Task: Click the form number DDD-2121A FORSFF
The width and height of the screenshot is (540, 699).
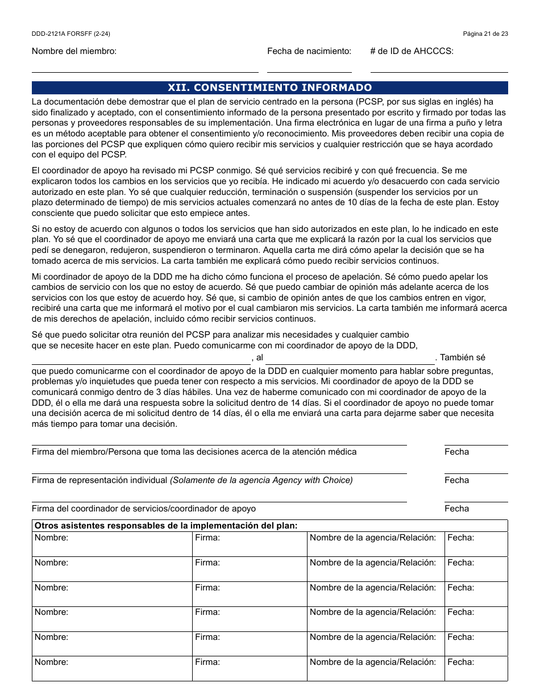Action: coord(71,34)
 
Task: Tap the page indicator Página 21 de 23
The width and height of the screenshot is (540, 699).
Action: coord(485,34)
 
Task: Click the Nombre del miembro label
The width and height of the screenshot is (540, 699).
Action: coord(74,51)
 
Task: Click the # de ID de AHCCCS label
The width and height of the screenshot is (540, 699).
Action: coord(412,51)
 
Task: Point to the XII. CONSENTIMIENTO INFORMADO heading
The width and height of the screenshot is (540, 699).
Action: coord(269,88)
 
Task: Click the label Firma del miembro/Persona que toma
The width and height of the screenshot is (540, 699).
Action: coord(194,452)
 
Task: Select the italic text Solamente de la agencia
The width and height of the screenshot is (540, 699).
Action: coord(261,480)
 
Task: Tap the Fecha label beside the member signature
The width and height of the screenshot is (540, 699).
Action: coord(456,452)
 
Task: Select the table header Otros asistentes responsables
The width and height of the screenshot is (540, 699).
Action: coord(166,526)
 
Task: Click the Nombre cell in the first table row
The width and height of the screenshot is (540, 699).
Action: coord(112,544)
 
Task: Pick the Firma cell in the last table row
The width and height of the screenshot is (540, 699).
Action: coord(250,668)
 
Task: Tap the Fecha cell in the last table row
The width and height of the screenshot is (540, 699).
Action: coord(476,668)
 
